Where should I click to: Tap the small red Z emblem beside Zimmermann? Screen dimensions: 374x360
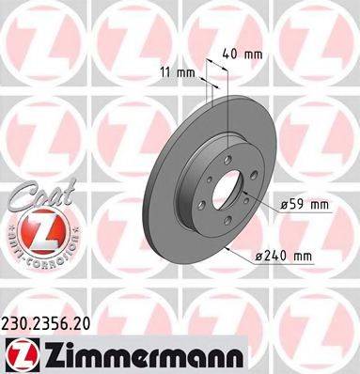(x=18, y=354)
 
